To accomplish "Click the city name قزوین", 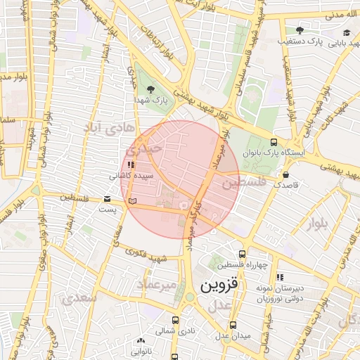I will (221, 285).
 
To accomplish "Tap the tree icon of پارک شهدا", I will (150, 89).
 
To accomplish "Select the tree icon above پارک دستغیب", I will (300, 30).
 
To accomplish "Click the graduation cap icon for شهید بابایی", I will (346, 32).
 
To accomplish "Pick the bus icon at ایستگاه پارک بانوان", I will (274, 142).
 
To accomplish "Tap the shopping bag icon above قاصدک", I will (286, 174).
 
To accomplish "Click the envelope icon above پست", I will (108, 199).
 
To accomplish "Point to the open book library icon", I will (132, 201).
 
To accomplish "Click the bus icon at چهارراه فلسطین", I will (243, 254).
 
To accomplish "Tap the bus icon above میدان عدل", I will (233, 325).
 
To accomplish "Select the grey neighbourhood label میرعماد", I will (164, 285).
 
